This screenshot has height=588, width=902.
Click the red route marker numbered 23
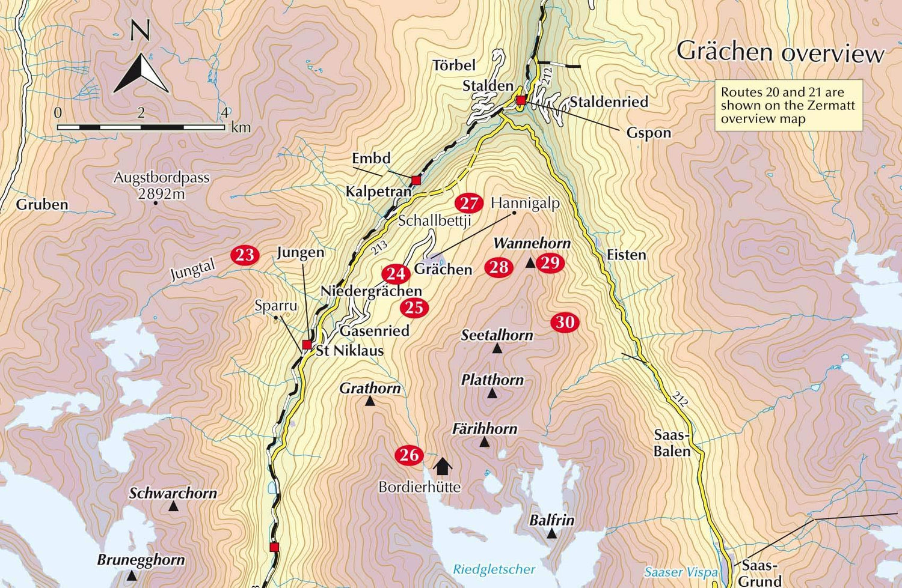coord(245,255)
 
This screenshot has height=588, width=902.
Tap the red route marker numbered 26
coord(409,455)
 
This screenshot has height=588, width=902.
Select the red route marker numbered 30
coord(565,323)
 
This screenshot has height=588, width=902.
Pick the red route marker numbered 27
coord(468,203)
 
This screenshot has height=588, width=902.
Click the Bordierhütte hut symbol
coord(443,466)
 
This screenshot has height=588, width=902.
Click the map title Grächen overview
coord(780,52)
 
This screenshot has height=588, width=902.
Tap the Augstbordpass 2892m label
coord(161,185)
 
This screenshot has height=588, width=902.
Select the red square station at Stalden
coord(521,100)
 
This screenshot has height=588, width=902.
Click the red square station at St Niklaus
coord(307,344)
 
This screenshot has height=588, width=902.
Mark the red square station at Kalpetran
coord(416,180)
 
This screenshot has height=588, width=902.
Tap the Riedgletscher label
coord(494,569)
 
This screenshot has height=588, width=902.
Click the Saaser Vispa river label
coord(681,572)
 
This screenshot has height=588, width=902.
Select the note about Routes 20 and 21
coord(788,106)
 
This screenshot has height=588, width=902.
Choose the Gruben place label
coord(42,204)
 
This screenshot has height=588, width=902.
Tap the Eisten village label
coord(626,255)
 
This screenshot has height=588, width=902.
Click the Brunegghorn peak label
coord(141,560)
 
